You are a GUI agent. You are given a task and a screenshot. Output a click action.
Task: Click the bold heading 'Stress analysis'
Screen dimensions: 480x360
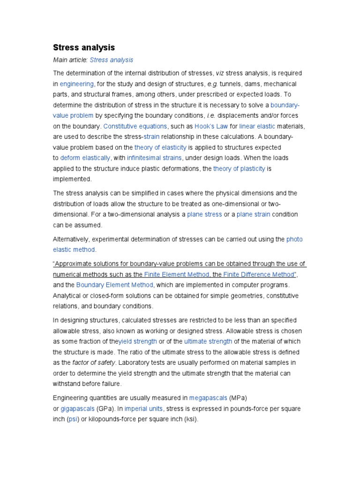point(83,47)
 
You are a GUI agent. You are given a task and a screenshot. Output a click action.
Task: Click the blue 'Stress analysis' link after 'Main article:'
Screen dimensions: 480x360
point(111,60)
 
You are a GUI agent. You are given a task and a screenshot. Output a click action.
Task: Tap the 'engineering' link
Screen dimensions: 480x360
point(77,84)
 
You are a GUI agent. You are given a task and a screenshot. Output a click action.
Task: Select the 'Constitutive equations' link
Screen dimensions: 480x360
point(135,126)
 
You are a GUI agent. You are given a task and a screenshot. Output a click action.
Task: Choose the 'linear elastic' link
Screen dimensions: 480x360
point(257,126)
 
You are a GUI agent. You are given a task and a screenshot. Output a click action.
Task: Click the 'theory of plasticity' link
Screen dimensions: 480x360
point(239,169)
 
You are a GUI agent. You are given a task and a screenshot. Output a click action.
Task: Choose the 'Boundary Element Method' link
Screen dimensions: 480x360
point(115,285)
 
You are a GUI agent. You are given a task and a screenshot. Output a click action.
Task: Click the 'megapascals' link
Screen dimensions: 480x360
point(209,398)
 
